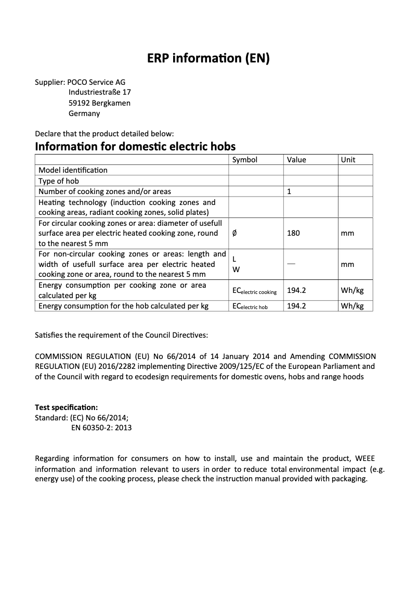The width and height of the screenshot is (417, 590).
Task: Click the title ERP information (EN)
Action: click(208, 59)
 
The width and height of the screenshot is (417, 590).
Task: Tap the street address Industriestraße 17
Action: click(99, 93)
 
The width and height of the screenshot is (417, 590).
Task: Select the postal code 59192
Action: click(80, 103)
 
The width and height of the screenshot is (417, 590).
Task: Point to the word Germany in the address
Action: click(84, 113)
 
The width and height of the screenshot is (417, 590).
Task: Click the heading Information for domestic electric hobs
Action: click(135, 146)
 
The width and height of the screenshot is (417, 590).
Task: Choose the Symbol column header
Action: click(244, 160)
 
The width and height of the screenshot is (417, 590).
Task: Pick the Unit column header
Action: click(348, 160)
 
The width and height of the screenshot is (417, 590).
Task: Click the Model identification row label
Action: click(73, 170)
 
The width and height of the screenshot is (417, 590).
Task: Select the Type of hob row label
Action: click(59, 181)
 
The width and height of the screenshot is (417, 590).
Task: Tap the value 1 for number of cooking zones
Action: click(289, 191)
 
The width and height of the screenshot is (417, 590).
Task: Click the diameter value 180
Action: click(293, 233)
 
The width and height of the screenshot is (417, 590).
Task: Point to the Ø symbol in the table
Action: click(234, 233)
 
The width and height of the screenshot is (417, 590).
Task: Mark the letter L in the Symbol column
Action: click(234, 259)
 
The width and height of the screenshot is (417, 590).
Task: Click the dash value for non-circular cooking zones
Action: click(291, 264)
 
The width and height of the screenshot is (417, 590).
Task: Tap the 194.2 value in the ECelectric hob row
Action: click(296, 306)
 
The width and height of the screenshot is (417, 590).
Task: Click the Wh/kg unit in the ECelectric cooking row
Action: click(352, 290)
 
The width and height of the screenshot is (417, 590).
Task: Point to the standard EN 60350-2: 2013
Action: click(101, 428)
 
